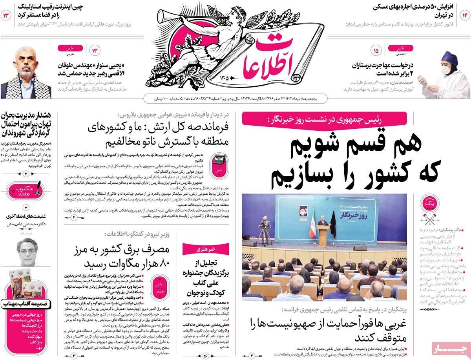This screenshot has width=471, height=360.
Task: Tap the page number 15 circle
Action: coord(376,51)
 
